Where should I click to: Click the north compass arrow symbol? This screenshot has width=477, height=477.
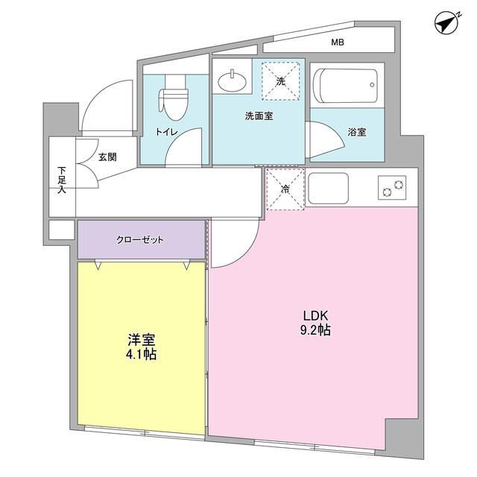click(446, 23)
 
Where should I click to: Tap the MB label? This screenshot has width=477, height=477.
click(338, 42)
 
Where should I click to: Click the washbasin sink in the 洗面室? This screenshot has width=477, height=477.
click(233, 80)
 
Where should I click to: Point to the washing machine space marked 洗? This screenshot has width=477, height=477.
click(281, 81)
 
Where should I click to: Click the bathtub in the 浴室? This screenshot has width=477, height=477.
click(345, 86)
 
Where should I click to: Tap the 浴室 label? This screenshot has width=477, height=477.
click(357, 132)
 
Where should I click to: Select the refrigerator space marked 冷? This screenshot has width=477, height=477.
click(285, 189)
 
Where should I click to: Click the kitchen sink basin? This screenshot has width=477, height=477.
click(328, 189)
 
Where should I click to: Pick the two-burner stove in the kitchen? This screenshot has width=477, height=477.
click(392, 188)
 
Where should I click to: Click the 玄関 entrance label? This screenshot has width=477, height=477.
click(107, 157)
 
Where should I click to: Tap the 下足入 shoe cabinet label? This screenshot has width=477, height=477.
click(62, 180)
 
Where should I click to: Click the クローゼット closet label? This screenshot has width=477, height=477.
click(140, 240)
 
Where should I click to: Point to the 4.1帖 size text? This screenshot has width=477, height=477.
click(142, 355)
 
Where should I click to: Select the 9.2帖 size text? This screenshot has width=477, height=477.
click(315, 330)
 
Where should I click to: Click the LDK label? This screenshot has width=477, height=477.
click(315, 316)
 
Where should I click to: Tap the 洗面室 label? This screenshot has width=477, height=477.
click(259, 116)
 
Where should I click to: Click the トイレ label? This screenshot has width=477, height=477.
click(167, 132)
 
